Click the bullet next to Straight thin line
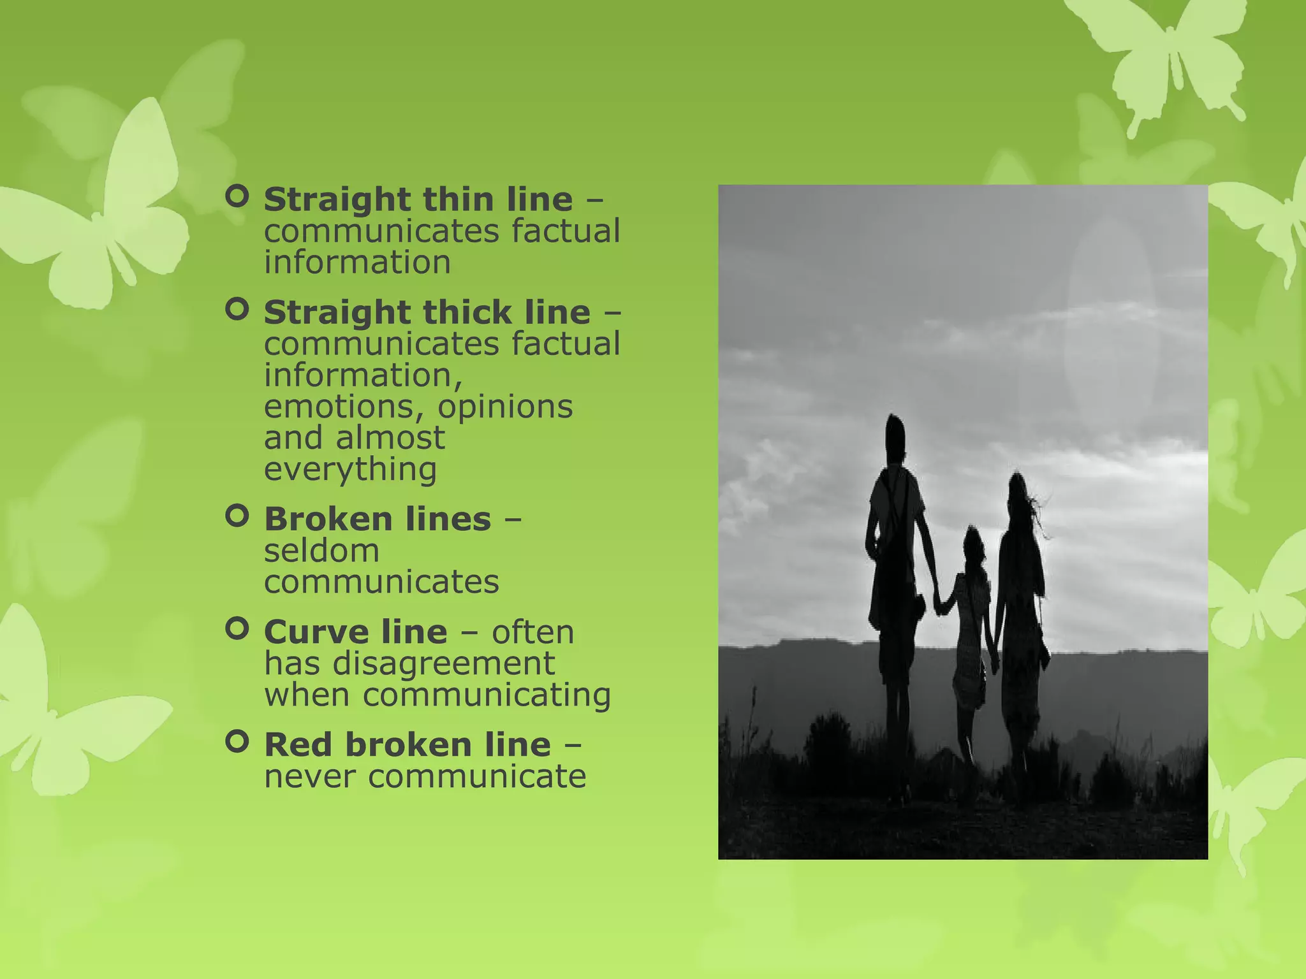point(237,197)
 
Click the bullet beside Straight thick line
point(237,310)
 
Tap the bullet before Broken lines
point(237,516)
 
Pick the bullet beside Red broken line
point(237,742)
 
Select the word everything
point(350,470)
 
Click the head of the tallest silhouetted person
point(895,435)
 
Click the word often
point(532,632)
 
